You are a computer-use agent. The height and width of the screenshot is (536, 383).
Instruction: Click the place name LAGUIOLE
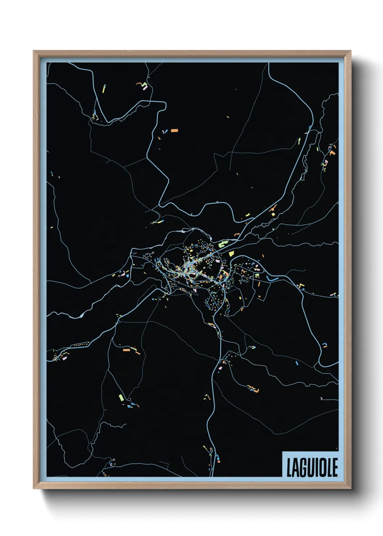tap(312, 467)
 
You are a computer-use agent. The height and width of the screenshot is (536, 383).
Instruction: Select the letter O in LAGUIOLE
tap(321, 467)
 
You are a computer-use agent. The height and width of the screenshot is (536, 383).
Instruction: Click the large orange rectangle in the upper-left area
tap(174, 130)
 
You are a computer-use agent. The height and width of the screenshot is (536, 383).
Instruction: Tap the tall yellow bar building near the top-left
tap(104, 89)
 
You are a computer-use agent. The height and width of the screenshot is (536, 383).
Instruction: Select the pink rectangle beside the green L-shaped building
tap(147, 88)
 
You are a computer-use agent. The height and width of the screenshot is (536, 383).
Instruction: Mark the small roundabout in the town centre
tap(188, 268)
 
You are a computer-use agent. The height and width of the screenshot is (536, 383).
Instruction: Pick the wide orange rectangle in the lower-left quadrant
tap(126, 350)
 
